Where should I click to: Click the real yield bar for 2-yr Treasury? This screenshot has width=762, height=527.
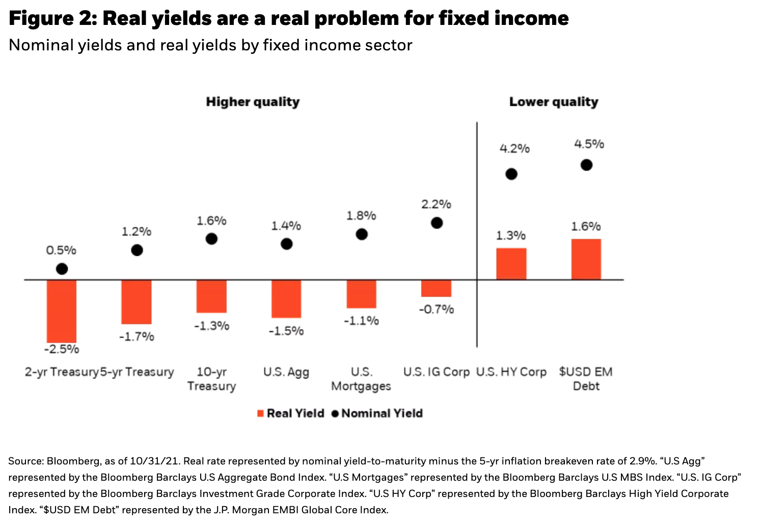point(62,311)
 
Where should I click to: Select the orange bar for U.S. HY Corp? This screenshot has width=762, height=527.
point(511,264)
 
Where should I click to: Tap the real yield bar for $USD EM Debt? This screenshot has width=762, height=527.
point(586,259)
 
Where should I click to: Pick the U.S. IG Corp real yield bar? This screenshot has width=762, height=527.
point(437,288)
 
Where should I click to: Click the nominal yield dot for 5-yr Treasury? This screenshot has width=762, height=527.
point(137,250)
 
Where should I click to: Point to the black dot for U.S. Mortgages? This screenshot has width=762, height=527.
point(362,235)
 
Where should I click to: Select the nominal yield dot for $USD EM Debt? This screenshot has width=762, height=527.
point(586,165)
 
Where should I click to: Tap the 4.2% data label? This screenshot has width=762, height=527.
point(514,149)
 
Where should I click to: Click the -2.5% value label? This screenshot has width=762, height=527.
point(62,349)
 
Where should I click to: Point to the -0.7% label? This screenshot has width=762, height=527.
point(437,309)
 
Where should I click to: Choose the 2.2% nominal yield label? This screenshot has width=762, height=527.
point(437,204)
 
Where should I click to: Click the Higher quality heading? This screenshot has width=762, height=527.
point(253,102)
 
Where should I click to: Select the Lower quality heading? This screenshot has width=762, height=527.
point(554,102)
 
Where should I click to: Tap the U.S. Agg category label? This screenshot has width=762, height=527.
point(286,372)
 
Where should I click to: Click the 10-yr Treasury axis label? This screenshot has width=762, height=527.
point(211,379)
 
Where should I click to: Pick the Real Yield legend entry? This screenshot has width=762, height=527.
point(290,414)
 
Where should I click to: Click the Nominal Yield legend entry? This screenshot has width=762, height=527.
point(377,414)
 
